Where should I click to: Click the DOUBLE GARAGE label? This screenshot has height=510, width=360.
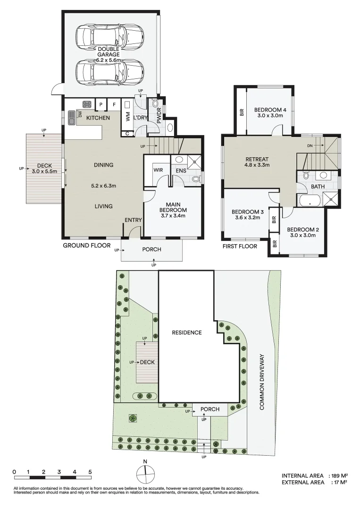(x=109, y=52)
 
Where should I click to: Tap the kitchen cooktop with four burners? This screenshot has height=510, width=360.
(x=87, y=104)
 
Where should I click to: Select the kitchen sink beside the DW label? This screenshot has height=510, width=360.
(x=72, y=118)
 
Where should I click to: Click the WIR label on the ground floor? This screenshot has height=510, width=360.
(x=158, y=170)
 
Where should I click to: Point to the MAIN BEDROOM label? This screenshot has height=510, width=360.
(x=173, y=207)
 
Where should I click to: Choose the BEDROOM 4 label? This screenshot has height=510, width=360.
(x=270, y=110)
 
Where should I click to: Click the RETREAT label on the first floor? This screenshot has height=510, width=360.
(x=257, y=159)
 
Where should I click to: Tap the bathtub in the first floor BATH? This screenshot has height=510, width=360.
(x=310, y=200)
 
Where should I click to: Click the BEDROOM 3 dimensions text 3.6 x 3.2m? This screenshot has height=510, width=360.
(x=248, y=218)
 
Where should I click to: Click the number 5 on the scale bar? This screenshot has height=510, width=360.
(x=90, y=472)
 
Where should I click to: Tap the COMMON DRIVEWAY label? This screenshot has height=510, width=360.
(x=262, y=382)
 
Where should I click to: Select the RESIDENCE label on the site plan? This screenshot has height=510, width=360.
(x=187, y=332)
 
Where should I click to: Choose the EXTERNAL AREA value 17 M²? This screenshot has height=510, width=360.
(x=339, y=482)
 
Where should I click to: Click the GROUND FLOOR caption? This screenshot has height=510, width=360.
(x=87, y=245)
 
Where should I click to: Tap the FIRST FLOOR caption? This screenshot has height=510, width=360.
(x=240, y=246)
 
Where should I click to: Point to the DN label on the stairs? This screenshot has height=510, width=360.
(x=310, y=146)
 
